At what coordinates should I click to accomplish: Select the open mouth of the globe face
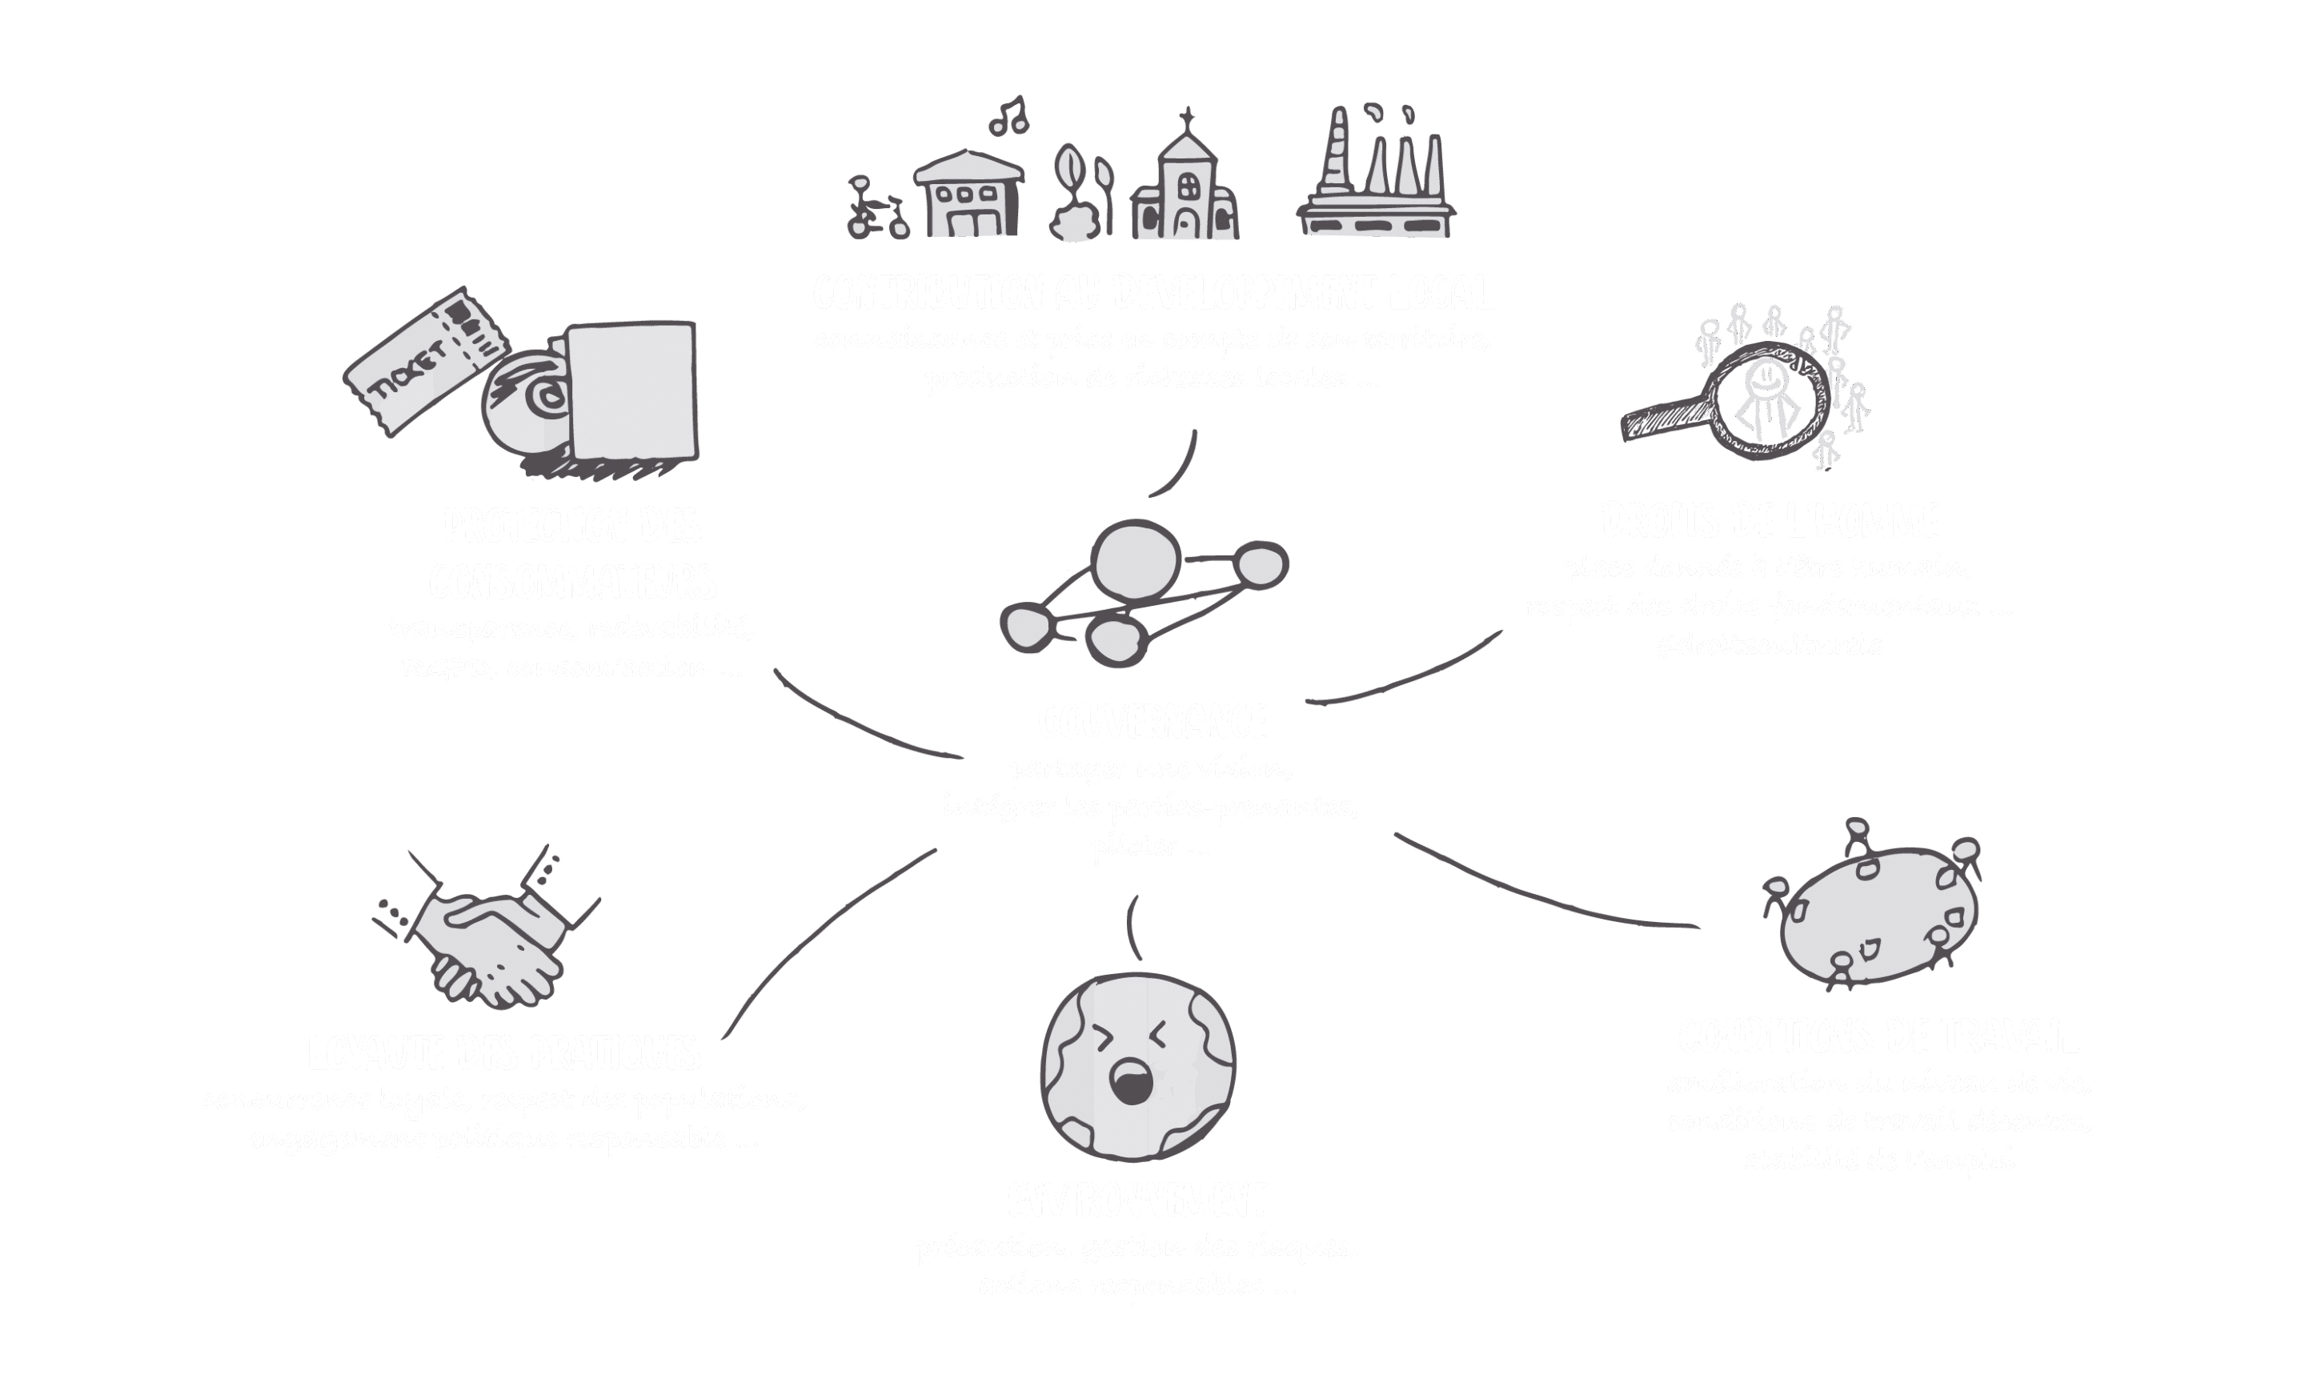(1131, 1080)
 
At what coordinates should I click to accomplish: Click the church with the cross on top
(1186, 187)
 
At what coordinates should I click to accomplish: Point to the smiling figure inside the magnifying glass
(1766, 398)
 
